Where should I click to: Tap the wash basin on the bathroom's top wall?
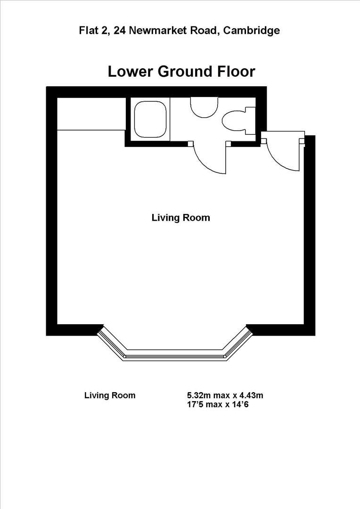[204, 107]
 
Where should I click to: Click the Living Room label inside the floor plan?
[180, 218]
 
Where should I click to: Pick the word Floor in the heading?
[233, 72]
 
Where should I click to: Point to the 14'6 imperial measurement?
[239, 404]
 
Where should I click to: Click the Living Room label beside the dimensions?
[110, 395]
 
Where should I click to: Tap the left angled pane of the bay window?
[112, 343]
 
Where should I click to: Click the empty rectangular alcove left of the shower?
[90, 114]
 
